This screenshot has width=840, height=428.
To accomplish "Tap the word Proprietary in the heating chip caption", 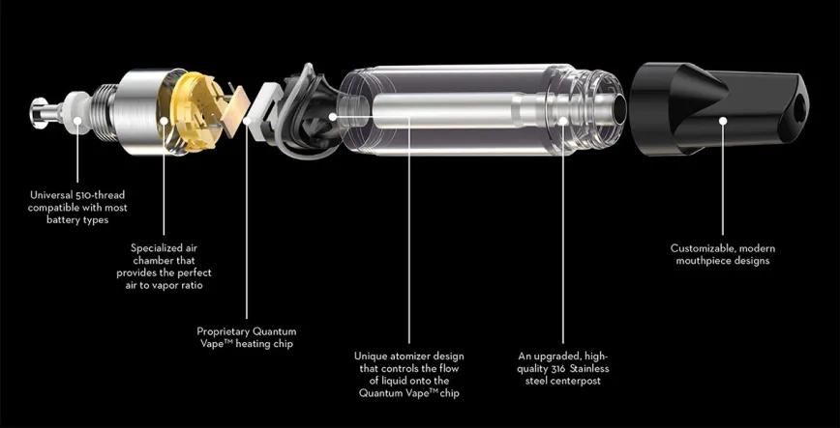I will pos(226,330).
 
